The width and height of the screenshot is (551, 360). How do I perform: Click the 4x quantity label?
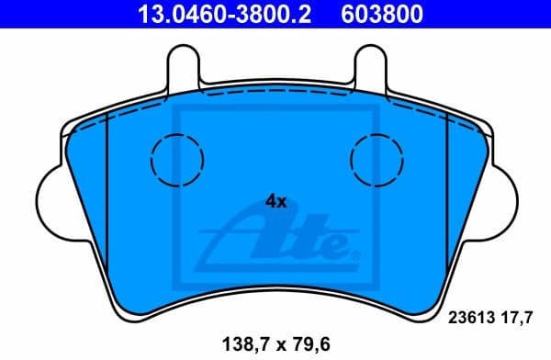pos(276,201)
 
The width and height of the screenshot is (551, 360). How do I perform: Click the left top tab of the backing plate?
pos(184,68)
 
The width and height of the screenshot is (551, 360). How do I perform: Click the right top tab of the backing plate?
pos(367,68)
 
